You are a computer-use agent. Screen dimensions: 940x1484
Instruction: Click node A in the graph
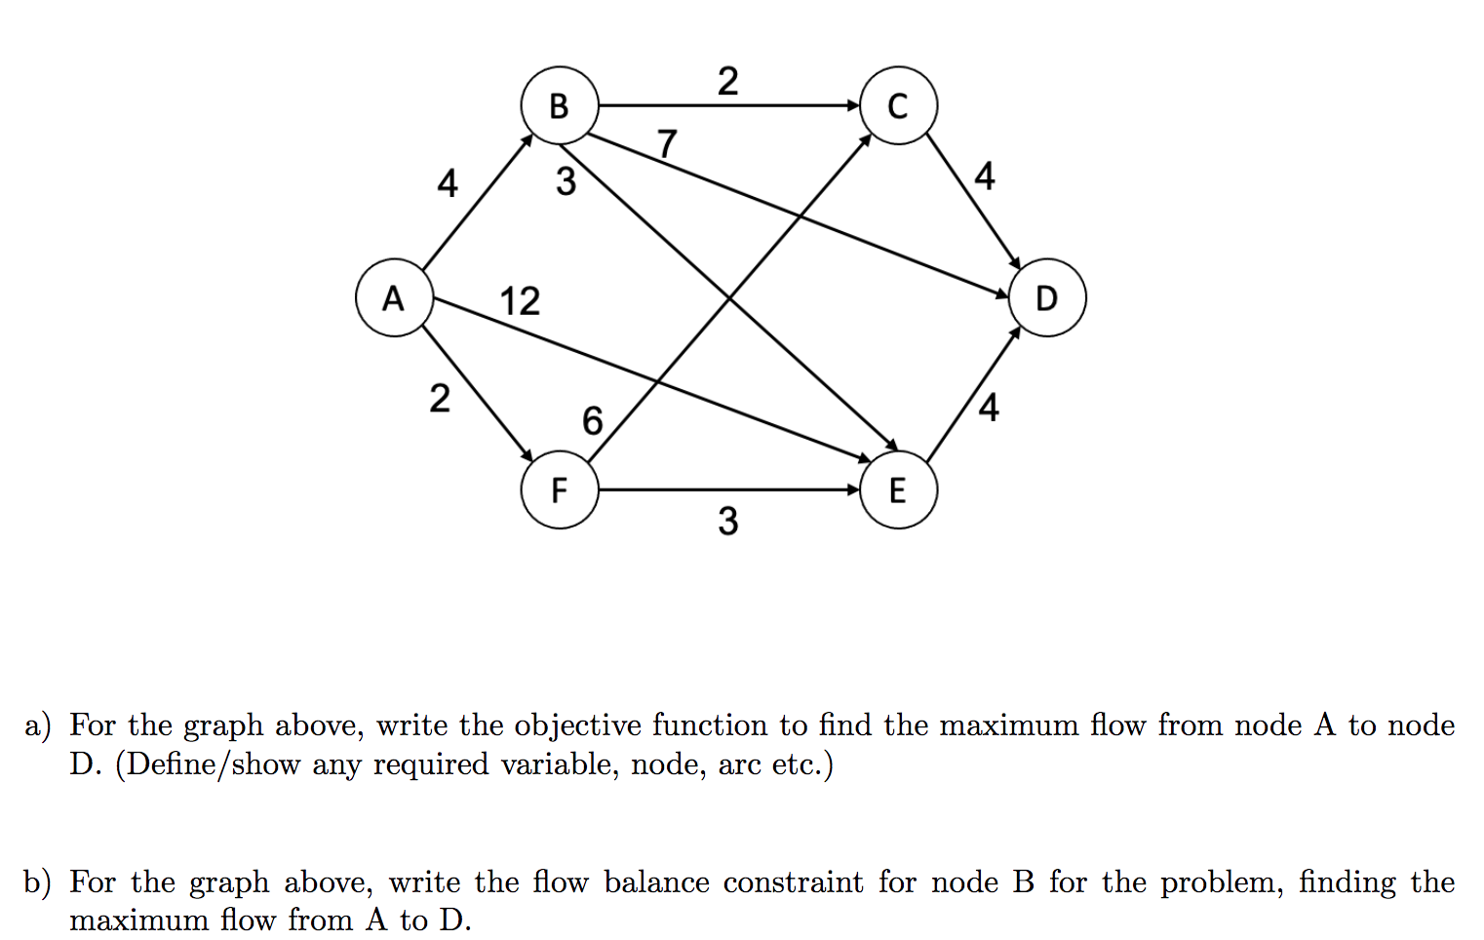[394, 297]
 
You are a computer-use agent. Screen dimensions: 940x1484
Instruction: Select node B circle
[559, 105]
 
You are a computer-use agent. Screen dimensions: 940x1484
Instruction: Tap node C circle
[898, 105]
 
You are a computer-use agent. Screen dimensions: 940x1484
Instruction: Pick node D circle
[1046, 297]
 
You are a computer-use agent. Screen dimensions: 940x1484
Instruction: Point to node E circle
[898, 490]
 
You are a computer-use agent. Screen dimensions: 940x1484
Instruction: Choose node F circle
[559, 490]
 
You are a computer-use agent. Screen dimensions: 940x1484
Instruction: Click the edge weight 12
[520, 301]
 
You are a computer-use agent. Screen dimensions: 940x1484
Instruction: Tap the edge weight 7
[666, 143]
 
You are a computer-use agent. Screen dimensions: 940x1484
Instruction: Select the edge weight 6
[592, 420]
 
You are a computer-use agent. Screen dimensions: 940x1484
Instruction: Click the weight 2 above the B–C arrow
[727, 81]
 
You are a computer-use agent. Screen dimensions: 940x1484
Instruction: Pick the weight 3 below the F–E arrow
[727, 522]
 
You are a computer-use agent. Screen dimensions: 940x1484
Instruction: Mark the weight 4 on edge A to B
[447, 182]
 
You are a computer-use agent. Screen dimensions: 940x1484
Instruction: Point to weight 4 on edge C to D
[985, 176]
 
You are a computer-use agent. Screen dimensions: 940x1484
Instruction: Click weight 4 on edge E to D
[989, 407]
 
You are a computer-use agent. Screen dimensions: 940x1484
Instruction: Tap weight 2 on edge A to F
[440, 398]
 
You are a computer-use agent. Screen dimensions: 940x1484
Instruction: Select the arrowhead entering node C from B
[853, 105]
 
